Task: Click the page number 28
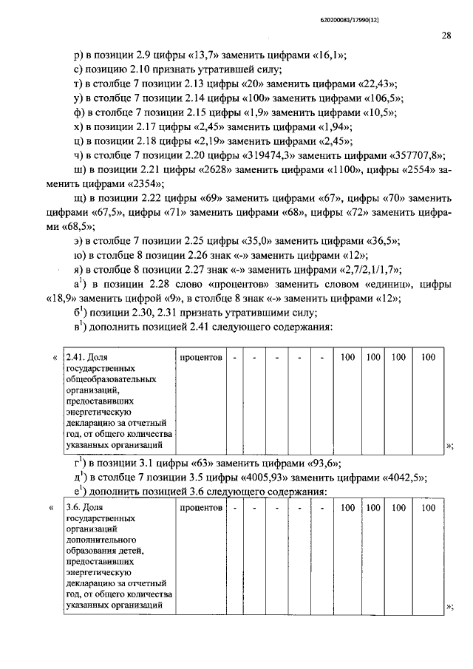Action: (x=447, y=34)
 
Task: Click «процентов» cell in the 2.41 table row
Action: (x=202, y=358)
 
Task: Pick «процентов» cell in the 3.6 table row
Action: (x=202, y=509)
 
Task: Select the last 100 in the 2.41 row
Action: (x=428, y=358)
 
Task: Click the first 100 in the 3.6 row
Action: (x=347, y=509)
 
